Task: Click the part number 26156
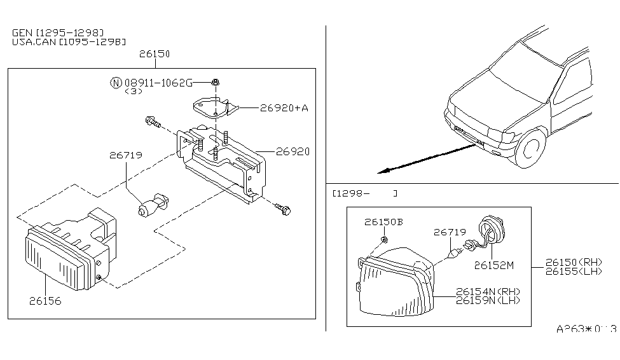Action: pyautogui.click(x=45, y=301)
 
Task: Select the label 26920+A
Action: pyautogui.click(x=284, y=108)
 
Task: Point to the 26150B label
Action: pyautogui.click(x=383, y=222)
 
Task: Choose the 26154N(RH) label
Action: pyautogui.click(x=487, y=291)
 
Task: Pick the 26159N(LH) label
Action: pyautogui.click(x=487, y=300)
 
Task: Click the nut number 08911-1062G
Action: pyautogui.click(x=158, y=83)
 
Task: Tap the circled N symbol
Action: pyautogui.click(x=116, y=83)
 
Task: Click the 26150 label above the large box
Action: pyautogui.click(x=155, y=55)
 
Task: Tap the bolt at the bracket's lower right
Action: pyautogui.click(x=283, y=208)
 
